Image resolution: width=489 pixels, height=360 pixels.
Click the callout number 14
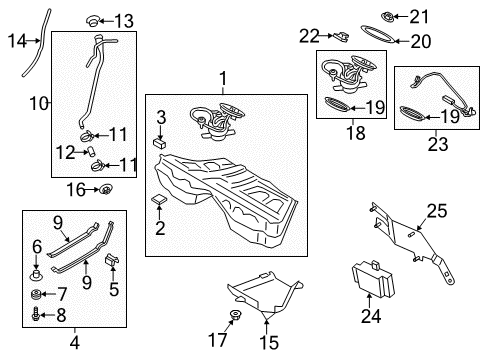tap(17, 41)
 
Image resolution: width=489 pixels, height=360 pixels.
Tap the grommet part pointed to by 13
tap(93, 21)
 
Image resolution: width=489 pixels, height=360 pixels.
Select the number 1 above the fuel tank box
tap(223, 79)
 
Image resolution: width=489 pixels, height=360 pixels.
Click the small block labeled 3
tap(160, 143)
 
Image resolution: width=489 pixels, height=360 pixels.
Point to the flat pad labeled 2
tap(159, 199)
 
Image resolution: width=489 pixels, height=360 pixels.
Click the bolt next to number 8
tap(35, 315)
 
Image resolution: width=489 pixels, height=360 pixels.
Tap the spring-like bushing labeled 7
tap(36, 294)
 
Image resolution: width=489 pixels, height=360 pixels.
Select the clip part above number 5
tap(113, 259)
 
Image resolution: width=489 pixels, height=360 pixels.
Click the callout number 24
tap(371, 316)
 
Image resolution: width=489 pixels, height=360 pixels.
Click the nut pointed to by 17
tap(236, 314)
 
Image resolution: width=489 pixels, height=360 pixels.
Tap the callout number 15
tap(269, 342)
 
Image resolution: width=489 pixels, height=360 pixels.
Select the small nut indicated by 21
tap(388, 17)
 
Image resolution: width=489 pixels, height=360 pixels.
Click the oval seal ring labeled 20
tap(378, 34)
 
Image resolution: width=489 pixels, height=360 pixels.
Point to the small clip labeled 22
tap(341, 36)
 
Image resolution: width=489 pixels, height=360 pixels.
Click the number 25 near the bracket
tap(437, 211)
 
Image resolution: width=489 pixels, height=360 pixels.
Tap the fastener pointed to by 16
tap(106, 190)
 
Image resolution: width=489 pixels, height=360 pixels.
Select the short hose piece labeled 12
tap(91, 151)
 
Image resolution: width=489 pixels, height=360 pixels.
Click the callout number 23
tap(438, 144)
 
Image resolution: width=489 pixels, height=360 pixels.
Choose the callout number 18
tap(356, 133)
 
